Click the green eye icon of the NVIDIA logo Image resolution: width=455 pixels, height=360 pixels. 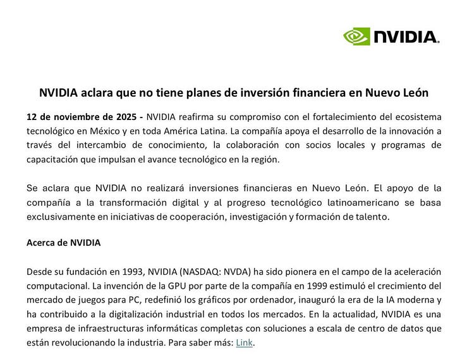[357, 37]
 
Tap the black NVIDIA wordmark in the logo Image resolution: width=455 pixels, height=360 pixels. [406, 37]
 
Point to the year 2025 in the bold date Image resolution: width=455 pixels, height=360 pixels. [125, 117]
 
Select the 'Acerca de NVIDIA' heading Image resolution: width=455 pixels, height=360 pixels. [63, 243]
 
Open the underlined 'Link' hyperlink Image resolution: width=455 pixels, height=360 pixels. [244, 342]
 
